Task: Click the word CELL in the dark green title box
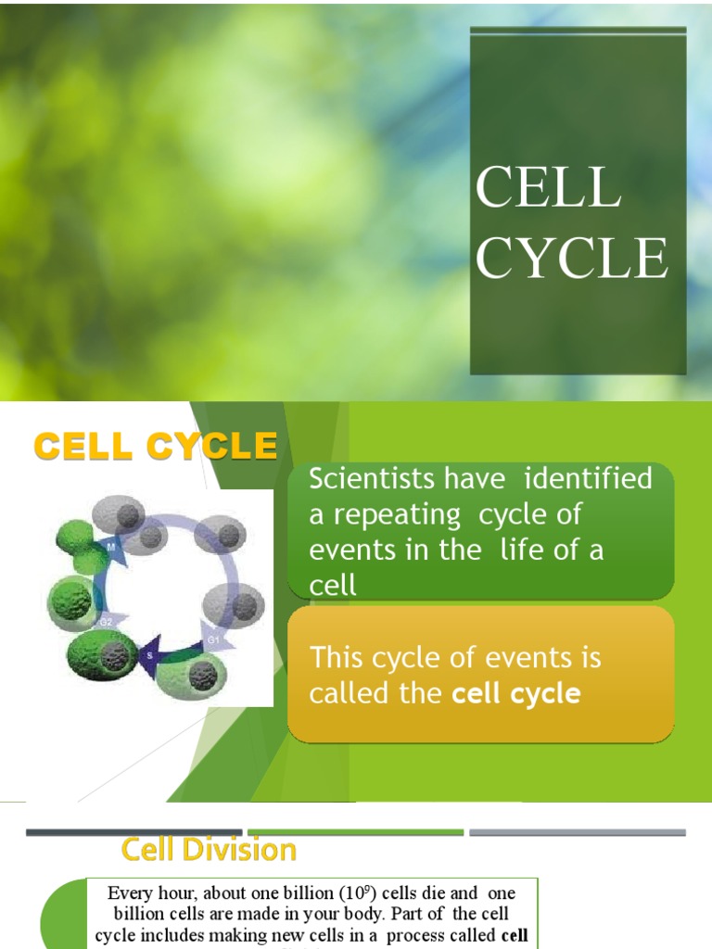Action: [x=547, y=187]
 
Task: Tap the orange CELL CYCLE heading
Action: [x=156, y=447]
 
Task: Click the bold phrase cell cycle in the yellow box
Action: [x=515, y=693]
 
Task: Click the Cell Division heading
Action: [x=209, y=849]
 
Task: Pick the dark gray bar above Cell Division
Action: [x=134, y=832]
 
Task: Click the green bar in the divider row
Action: [x=355, y=832]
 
